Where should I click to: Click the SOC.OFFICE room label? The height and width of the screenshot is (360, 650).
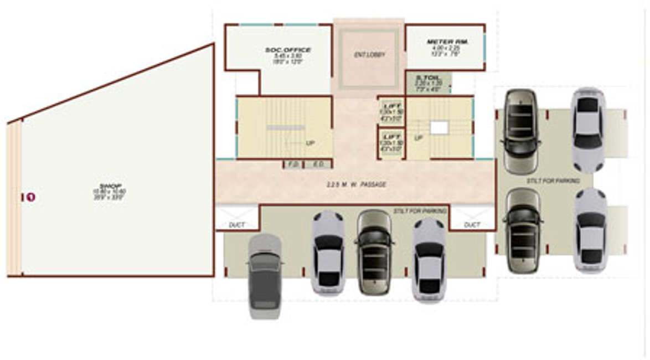click(x=288, y=50)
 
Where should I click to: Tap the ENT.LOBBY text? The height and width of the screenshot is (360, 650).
click(x=369, y=55)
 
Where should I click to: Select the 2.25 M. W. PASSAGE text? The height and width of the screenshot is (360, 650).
click(x=356, y=184)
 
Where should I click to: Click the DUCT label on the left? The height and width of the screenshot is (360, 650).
click(x=236, y=225)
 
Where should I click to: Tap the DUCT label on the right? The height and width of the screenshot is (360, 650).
click(x=472, y=225)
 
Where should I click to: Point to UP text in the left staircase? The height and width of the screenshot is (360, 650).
click(x=310, y=143)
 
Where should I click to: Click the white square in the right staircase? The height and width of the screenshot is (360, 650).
click(x=439, y=128)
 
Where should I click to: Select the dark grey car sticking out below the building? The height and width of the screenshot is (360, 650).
click(x=265, y=275)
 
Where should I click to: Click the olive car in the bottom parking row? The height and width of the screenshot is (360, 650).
click(x=374, y=252)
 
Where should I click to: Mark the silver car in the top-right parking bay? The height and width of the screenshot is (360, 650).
click(x=588, y=128)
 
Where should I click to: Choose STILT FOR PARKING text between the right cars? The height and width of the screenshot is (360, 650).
click(x=553, y=181)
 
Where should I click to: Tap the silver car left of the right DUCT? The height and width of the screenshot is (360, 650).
click(x=429, y=259)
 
